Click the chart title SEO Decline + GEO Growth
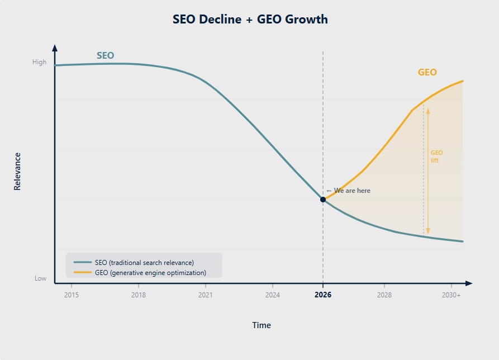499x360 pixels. pyautogui.click(x=250, y=20)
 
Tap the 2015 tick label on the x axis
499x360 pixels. pyautogui.click(x=72, y=295)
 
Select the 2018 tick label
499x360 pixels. pyautogui.click(x=139, y=295)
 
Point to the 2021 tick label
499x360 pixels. pyautogui.click(x=206, y=295)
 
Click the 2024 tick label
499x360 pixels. pyautogui.click(x=273, y=295)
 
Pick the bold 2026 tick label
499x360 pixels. pyautogui.click(x=323, y=295)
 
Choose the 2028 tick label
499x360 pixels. pyautogui.click(x=384, y=295)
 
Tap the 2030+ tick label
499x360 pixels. pyautogui.click(x=452, y=295)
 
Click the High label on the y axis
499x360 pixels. pyautogui.click(x=40, y=63)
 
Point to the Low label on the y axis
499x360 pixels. pyautogui.click(x=41, y=278)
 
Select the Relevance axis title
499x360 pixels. pyautogui.click(x=17, y=172)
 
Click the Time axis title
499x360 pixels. pyautogui.click(x=262, y=325)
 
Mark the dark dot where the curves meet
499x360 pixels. pyautogui.click(x=323, y=200)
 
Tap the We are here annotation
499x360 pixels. pyautogui.click(x=349, y=191)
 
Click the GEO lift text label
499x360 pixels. pyautogui.click(x=436, y=157)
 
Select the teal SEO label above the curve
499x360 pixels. pyautogui.click(x=105, y=55)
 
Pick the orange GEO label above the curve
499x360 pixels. pyautogui.click(x=427, y=72)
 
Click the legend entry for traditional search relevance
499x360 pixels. pyautogui.click(x=144, y=262)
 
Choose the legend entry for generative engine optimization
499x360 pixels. pyautogui.click(x=150, y=273)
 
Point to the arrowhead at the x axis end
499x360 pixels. pyautogui.click(x=469, y=283)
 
